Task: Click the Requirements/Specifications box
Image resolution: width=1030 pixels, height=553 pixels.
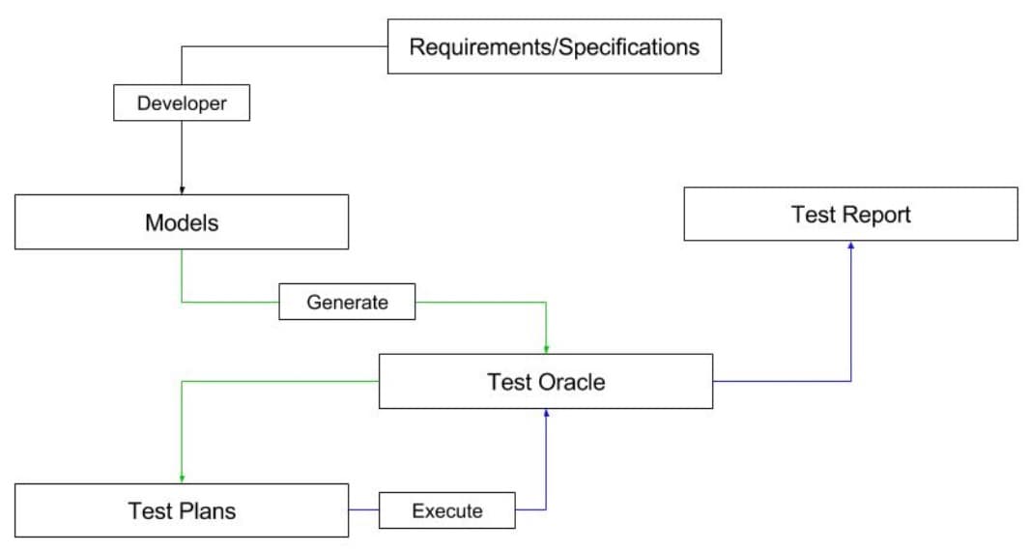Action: click(x=554, y=46)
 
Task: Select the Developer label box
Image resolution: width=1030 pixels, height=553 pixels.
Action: click(x=182, y=103)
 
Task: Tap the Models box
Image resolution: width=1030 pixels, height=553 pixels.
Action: click(x=182, y=222)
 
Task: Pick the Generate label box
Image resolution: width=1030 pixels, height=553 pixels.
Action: click(x=347, y=302)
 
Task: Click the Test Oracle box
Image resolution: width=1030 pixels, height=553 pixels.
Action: click(x=546, y=381)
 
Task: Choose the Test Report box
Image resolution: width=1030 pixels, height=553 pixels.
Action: click(x=850, y=214)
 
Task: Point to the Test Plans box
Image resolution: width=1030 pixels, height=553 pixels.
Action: click(x=182, y=510)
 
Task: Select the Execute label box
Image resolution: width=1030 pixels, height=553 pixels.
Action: click(x=446, y=510)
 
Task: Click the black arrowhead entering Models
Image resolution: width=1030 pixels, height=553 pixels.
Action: click(x=182, y=190)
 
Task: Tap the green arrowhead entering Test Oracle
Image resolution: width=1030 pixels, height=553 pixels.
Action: click(x=547, y=349)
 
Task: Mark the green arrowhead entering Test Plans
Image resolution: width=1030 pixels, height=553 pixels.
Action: click(x=182, y=479)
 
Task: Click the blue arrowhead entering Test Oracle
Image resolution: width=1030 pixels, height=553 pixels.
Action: click(x=547, y=413)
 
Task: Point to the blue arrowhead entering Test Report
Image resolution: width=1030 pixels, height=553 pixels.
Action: click(x=850, y=246)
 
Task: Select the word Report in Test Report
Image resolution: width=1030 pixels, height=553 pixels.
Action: click(x=875, y=215)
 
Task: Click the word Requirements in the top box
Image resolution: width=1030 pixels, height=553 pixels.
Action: click(x=480, y=46)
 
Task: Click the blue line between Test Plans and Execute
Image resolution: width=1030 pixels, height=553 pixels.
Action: click(x=363, y=509)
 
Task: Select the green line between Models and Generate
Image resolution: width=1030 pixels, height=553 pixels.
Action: click(x=230, y=302)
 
